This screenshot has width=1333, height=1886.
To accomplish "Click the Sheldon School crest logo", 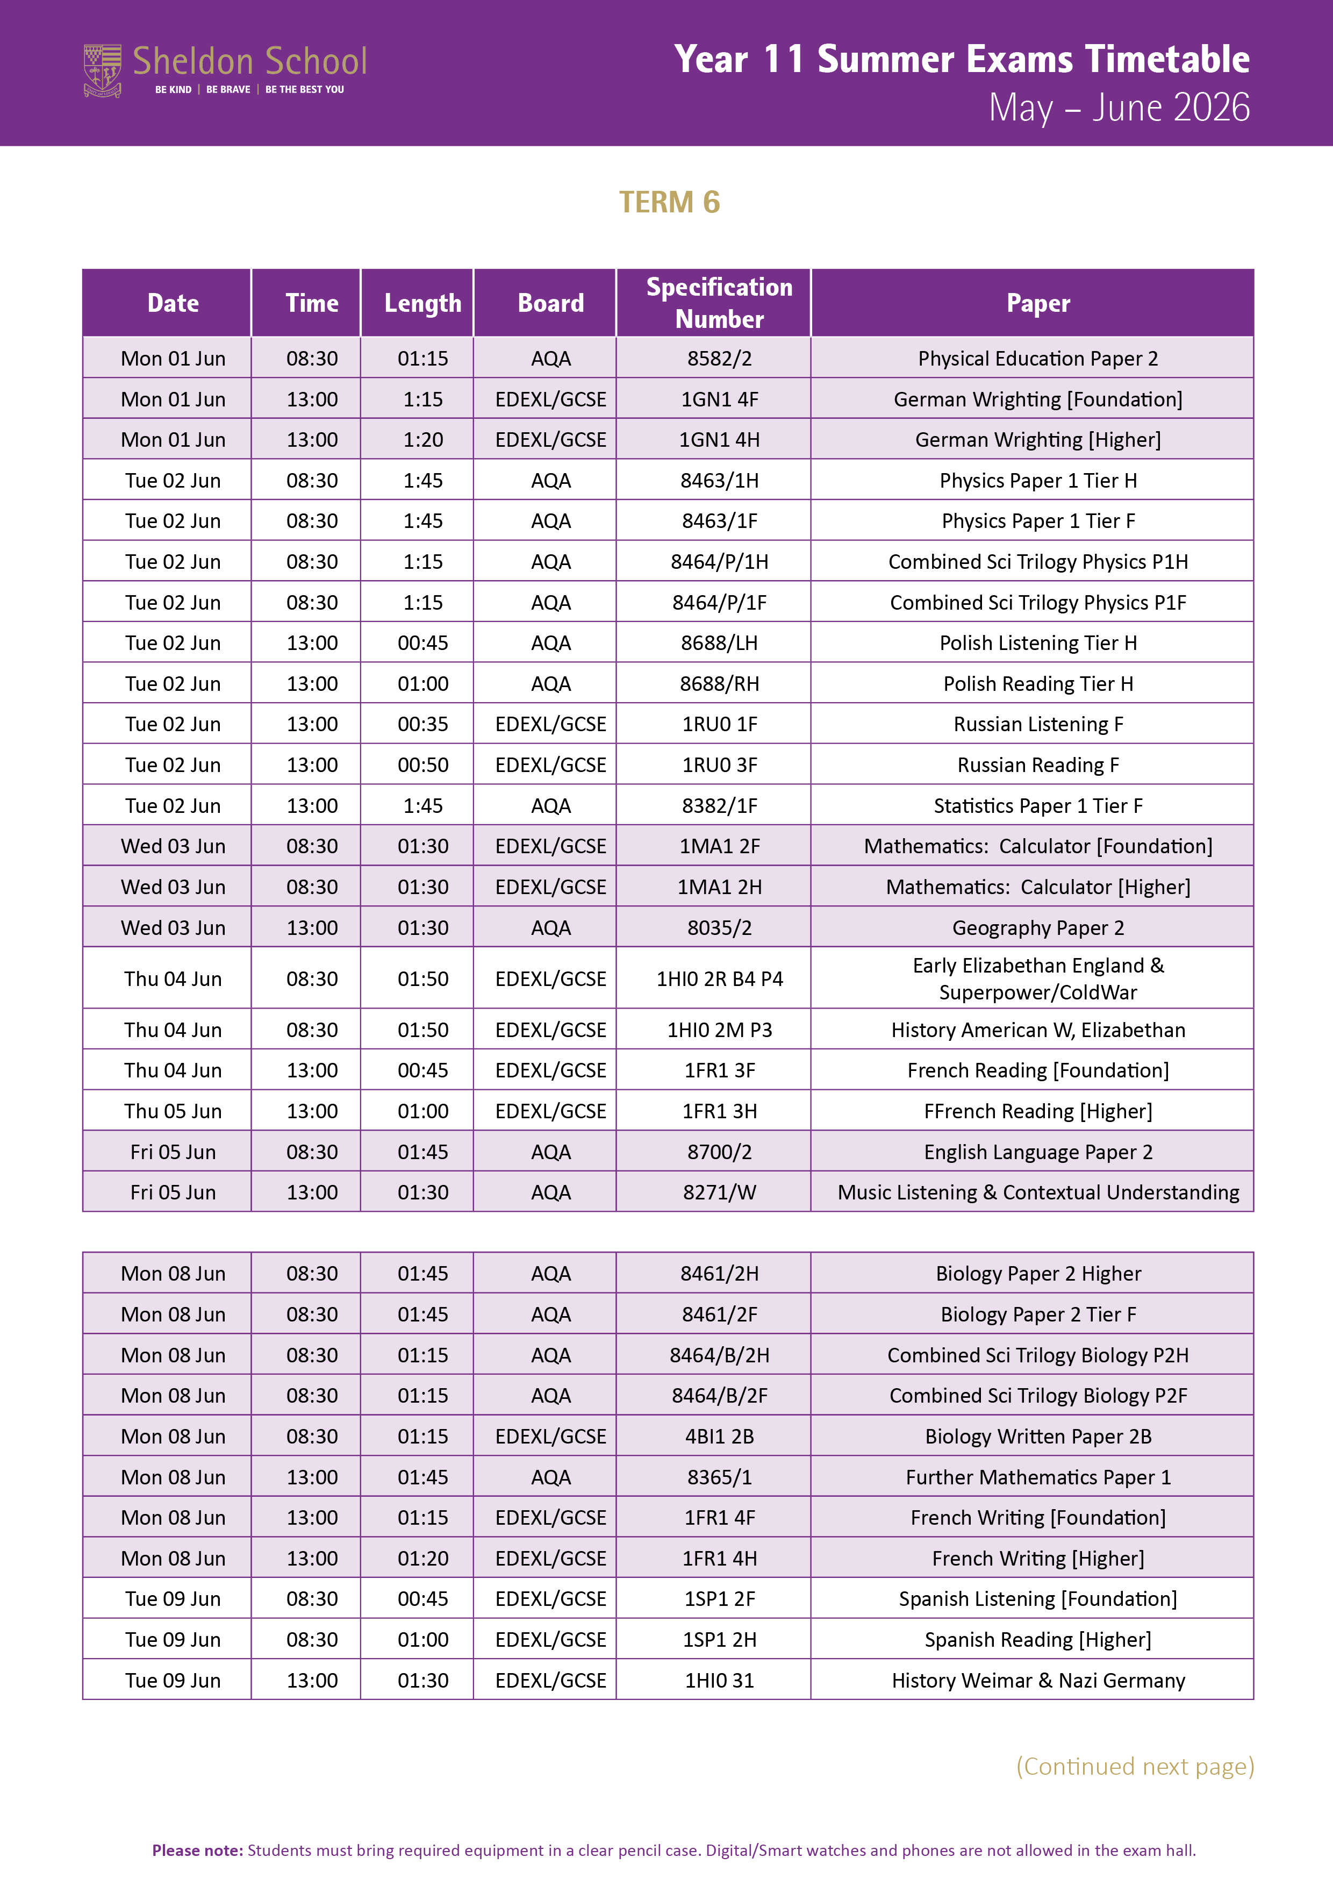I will [103, 70].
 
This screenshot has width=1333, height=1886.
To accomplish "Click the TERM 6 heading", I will [669, 202].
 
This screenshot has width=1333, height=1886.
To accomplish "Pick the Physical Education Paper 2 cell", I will [1037, 359].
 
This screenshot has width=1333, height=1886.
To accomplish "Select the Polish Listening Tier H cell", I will [1037, 643].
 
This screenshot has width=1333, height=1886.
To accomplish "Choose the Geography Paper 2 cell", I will [1037, 928].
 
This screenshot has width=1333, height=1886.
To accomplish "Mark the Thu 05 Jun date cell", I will [173, 1111].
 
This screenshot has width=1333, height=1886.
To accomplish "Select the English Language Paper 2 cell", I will [1037, 1153].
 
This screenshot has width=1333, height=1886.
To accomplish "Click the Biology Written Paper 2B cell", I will [1037, 1437].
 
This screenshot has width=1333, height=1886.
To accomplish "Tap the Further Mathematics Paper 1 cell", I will [1037, 1478].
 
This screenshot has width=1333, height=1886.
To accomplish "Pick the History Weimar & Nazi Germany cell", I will [1037, 1681].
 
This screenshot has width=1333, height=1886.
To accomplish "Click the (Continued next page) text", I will [1134, 1766].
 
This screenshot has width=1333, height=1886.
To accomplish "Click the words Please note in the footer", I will [197, 1850].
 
